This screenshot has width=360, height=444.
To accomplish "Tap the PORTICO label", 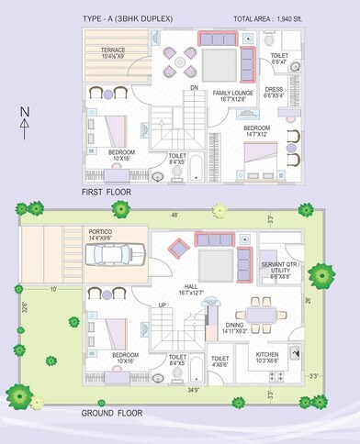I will (99, 235).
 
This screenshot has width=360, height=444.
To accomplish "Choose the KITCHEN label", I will (267, 355).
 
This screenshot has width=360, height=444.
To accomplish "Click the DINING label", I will (234, 327).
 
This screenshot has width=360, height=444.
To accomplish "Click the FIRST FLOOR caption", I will (107, 192).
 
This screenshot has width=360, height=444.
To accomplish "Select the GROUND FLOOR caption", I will (112, 414).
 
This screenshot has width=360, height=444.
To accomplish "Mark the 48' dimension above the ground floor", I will (174, 216).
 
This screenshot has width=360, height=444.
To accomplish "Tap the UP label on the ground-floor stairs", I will (163, 305).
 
